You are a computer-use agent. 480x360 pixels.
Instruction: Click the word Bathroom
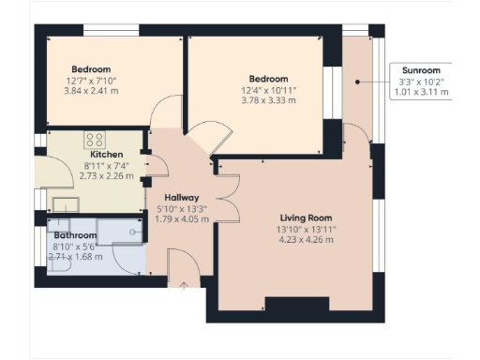pyautogui.click(x=75, y=234)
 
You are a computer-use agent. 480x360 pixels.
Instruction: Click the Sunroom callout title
pyautogui.click(x=420, y=70)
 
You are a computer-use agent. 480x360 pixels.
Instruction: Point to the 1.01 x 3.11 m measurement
pyautogui.click(x=420, y=93)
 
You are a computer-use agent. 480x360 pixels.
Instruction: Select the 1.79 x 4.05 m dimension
pyautogui.click(x=181, y=219)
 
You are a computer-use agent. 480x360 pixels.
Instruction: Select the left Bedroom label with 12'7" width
pyautogui.click(x=91, y=69)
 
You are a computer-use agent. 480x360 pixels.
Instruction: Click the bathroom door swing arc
pyautogui.click(x=125, y=258)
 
